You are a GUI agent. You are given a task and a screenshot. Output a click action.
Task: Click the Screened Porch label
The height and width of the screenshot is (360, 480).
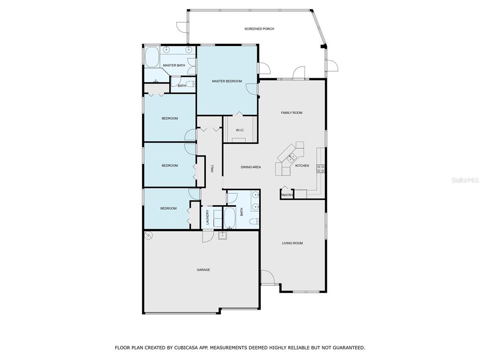259,29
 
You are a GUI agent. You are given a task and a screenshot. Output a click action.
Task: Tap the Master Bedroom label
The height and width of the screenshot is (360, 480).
227,81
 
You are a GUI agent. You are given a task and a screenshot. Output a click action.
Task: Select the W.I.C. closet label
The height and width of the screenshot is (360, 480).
240,130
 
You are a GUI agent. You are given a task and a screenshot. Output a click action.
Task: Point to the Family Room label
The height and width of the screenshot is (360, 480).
292,112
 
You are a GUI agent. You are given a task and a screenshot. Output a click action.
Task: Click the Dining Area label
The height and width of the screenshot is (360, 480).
251,167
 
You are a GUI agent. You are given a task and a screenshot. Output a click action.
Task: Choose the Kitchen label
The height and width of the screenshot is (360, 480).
302,165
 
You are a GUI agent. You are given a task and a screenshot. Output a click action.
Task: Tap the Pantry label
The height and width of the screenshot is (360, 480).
287,195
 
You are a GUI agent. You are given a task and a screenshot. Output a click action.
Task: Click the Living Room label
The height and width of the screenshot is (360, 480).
292,243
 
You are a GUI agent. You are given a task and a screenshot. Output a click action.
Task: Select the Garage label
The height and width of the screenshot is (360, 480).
203,270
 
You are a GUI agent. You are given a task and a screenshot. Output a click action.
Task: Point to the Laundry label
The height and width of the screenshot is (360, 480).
207,217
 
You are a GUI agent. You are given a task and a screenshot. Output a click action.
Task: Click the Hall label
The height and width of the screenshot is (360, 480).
212,168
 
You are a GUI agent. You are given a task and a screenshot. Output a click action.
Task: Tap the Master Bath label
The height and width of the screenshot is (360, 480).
174,65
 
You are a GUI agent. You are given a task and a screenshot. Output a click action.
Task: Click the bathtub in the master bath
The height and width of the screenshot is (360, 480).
152,57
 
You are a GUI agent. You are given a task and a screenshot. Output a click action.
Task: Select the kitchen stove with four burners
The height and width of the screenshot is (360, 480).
321,168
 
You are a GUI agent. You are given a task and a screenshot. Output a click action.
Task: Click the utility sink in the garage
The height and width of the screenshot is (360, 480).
223,235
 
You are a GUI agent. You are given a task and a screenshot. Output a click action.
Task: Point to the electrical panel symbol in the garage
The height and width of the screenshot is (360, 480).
149,235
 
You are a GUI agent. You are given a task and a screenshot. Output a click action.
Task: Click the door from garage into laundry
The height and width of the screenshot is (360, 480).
208,236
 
